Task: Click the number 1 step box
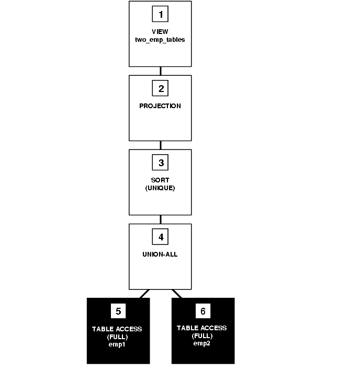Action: (160, 14)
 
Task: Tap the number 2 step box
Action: (160, 88)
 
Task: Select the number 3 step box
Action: (160, 163)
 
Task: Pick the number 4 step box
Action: (160, 237)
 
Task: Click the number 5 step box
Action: (118, 311)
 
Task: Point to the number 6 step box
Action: (203, 311)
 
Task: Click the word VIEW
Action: (160, 31)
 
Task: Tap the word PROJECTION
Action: (160, 106)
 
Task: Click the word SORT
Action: (160, 180)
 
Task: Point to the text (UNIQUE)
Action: (160, 187)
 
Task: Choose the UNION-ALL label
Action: (160, 254)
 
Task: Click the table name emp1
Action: (118, 344)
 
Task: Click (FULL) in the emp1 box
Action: (118, 337)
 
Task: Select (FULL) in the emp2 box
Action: (202, 336)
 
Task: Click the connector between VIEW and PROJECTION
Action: (160, 71)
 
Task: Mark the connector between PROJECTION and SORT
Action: (160, 145)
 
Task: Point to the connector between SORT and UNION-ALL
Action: (160, 219)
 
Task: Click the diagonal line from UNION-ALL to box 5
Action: (144, 294)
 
